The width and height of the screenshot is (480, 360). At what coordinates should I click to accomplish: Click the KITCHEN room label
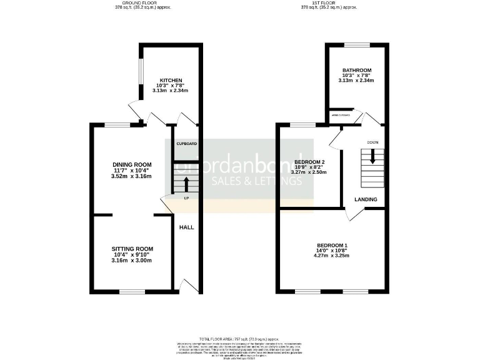click(x=171, y=81)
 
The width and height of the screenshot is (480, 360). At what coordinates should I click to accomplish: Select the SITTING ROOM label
click(x=132, y=249)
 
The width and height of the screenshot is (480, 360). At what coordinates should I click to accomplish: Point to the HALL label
click(x=186, y=227)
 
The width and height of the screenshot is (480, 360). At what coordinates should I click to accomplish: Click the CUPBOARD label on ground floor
click(x=186, y=144)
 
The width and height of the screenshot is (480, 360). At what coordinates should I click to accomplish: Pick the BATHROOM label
click(x=357, y=70)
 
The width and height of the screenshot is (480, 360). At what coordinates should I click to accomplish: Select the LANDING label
click(x=366, y=199)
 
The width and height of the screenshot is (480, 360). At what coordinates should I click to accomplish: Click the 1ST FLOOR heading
click(x=329, y=3)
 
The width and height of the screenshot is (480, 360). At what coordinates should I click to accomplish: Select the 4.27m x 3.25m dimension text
click(x=332, y=256)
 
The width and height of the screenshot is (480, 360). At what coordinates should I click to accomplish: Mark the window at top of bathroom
click(x=357, y=44)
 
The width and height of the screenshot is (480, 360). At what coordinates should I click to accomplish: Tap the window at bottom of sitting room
click(x=132, y=292)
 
